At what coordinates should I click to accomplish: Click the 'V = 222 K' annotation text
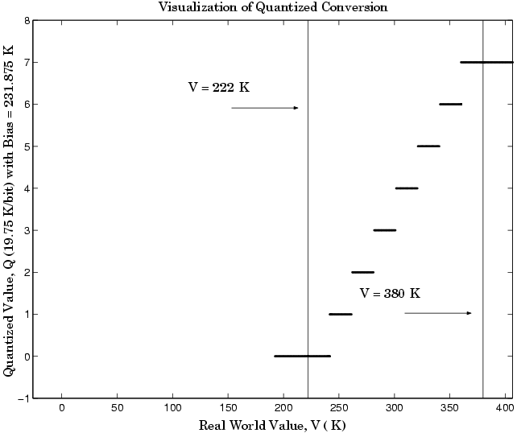219,88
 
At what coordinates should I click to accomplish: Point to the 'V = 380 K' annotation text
390,293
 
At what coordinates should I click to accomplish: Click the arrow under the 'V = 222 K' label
265,108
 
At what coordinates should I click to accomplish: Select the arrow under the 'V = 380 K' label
438,313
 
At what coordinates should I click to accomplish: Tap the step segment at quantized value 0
302,356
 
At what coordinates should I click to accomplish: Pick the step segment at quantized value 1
341,314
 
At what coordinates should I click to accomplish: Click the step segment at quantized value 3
385,230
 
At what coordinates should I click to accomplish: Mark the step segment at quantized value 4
407,188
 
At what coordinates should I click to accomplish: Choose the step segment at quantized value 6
450,104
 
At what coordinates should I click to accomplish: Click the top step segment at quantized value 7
486,62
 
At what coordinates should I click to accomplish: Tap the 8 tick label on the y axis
27,20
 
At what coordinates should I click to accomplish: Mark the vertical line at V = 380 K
482,201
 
